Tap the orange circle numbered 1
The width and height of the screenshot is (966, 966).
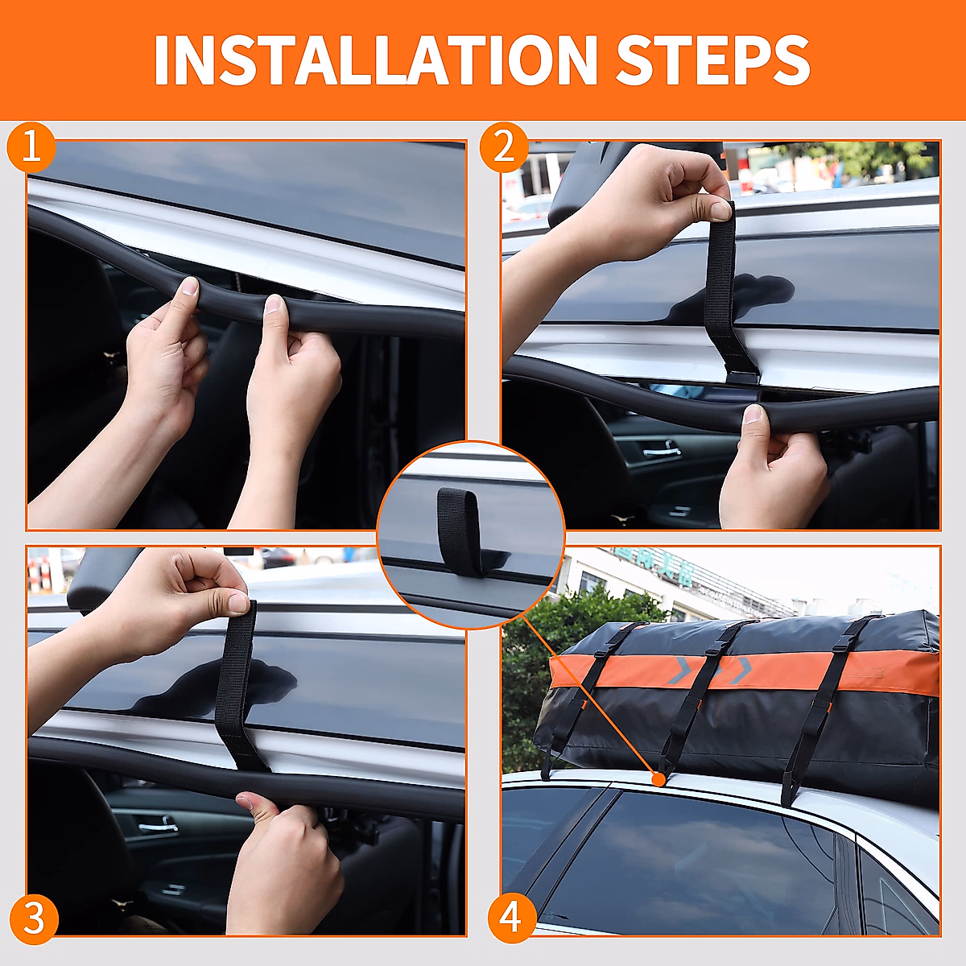tap(31, 148)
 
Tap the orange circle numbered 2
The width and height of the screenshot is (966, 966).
tap(504, 148)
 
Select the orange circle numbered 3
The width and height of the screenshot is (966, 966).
tap(33, 919)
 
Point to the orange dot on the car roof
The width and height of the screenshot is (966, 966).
tap(659, 779)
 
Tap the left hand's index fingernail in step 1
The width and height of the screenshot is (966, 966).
tap(189, 287)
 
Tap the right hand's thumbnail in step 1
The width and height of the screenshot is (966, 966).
tap(274, 303)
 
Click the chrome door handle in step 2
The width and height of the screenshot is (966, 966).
tap(661, 452)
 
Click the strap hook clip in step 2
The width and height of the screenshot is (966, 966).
tap(741, 375)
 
